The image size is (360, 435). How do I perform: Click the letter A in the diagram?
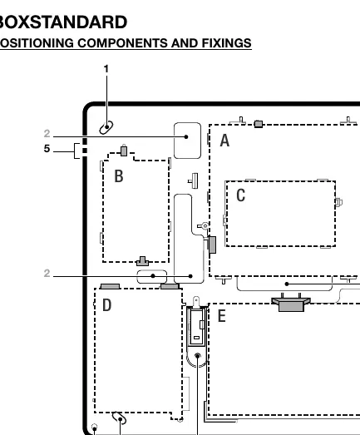click(224, 140)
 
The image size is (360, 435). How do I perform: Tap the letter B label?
click(119, 175)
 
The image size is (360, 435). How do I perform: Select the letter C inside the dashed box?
click(241, 195)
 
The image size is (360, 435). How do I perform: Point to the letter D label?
click(107, 305)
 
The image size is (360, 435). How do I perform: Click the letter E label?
click(221, 316)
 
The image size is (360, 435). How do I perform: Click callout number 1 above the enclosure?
click(106, 69)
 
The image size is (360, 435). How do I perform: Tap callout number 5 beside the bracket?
click(47, 149)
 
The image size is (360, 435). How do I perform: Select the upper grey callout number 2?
click(47, 134)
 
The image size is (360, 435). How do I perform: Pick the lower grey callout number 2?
click(47, 274)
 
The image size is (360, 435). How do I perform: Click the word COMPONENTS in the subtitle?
click(122, 43)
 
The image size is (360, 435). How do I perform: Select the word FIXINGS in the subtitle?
click(227, 43)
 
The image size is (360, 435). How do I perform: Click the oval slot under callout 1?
click(106, 127)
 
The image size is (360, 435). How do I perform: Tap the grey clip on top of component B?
click(124, 151)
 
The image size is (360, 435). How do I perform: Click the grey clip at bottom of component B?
click(142, 261)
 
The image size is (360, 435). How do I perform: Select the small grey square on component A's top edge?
click(259, 124)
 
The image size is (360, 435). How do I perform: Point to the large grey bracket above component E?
click(291, 304)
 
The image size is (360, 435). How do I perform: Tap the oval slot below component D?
click(119, 418)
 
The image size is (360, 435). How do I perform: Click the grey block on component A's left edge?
click(212, 245)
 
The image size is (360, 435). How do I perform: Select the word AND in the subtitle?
click(185, 43)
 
